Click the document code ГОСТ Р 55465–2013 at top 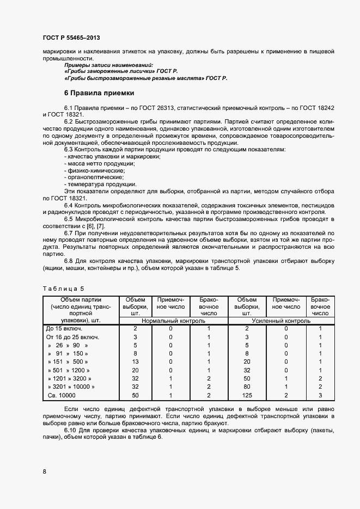(71, 38)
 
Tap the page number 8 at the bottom (44, 472)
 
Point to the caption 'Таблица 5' (64, 287)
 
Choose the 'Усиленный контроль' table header (281, 321)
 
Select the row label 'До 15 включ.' (64, 329)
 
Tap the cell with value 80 (247, 387)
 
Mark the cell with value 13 (136, 361)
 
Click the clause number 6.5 (69, 218)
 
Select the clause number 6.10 (70, 431)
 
